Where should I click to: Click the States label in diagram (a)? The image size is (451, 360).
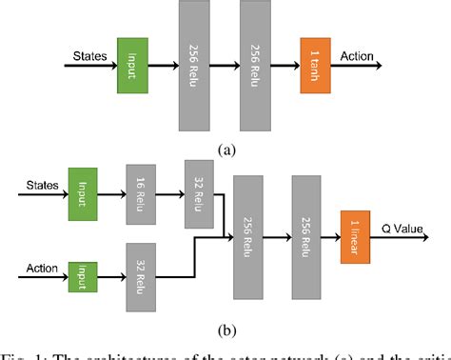(90, 55)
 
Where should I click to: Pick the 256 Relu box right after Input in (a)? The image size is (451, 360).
(195, 65)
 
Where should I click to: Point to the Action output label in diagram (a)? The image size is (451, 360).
(356, 55)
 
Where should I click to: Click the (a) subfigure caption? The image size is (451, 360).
(225, 150)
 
